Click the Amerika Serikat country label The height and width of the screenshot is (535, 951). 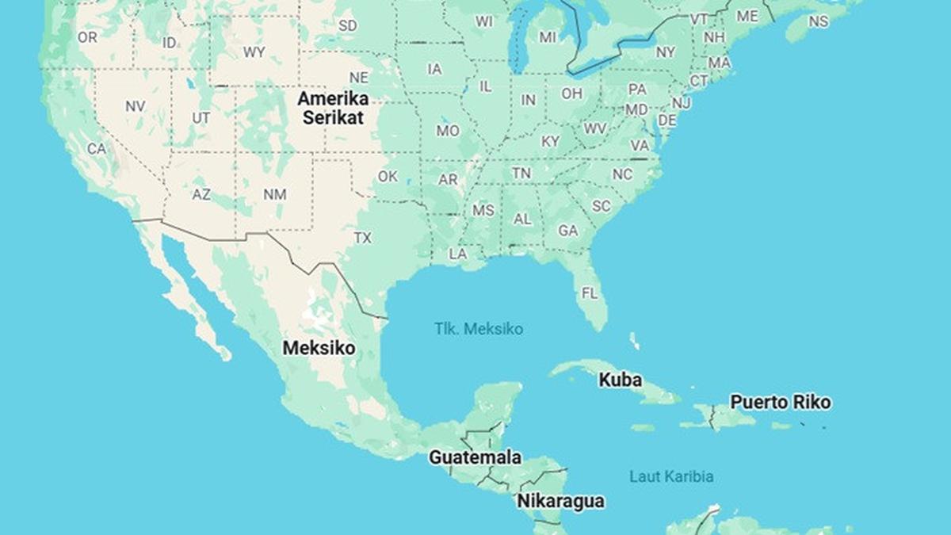(332, 109)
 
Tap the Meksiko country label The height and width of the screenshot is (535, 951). (319, 348)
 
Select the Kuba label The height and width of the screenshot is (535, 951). (620, 380)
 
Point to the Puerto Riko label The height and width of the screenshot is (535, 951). (780, 402)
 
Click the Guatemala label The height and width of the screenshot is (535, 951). (475, 457)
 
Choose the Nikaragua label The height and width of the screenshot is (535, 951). (560, 501)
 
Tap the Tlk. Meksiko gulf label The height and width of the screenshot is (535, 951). (479, 328)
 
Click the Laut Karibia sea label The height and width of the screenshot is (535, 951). (671, 476)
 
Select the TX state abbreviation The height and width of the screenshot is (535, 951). (362, 238)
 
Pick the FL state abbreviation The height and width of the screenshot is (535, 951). (590, 292)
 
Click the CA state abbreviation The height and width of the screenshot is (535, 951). (97, 148)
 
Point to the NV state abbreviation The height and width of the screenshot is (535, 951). (135, 105)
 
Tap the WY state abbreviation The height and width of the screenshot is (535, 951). (254, 52)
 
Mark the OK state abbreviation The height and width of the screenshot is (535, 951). (388, 177)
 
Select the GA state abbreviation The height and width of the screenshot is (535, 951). (567, 231)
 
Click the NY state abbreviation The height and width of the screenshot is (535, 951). (666, 52)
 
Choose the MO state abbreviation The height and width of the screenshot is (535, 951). (448, 131)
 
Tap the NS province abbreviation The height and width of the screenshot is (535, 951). (818, 21)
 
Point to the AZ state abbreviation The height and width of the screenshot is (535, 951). (201, 193)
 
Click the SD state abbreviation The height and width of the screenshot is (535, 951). (347, 25)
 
